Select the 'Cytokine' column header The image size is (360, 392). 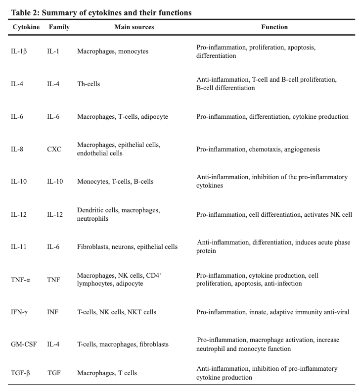(x=26, y=27)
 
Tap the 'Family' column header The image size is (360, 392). (x=59, y=27)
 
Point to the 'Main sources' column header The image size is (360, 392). (x=134, y=27)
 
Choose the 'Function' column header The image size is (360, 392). (x=274, y=27)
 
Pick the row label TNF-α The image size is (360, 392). (x=21, y=280)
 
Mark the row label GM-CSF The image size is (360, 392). (x=23, y=344)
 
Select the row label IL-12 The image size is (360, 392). (x=18, y=214)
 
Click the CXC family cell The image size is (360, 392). (x=54, y=149)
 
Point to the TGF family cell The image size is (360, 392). (x=54, y=373)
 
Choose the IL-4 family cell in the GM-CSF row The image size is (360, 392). (x=53, y=344)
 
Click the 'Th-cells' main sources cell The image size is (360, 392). (x=89, y=84)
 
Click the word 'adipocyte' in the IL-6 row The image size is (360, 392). (x=154, y=117)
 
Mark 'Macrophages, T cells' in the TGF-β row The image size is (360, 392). (x=107, y=373)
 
